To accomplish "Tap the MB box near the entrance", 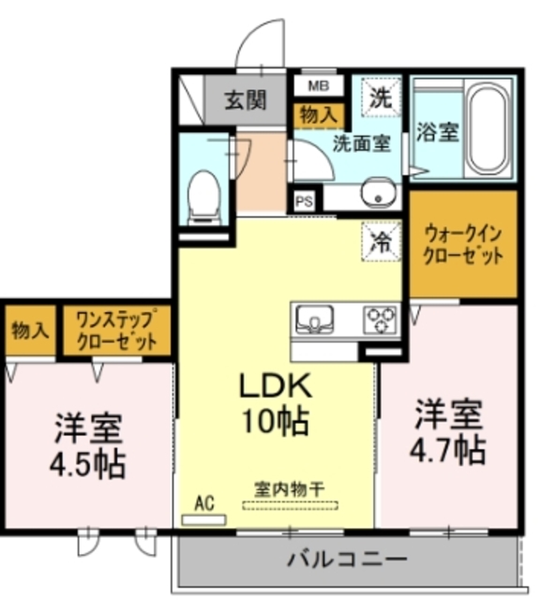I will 318,86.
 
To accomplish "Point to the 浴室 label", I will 437,132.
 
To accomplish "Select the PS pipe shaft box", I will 305,201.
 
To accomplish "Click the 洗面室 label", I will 361,143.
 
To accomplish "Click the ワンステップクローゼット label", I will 116,329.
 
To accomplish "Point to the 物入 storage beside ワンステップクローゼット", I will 31,330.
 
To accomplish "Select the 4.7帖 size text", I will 449,450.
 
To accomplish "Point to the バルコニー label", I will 347,559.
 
